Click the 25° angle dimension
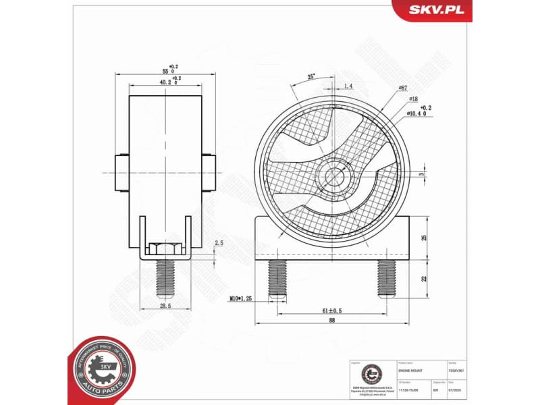click(311, 77)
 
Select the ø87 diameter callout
click(402, 88)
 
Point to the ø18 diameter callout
click(413, 99)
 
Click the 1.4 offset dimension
click(348, 86)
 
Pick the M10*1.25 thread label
click(240, 298)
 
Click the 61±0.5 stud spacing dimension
click(332, 311)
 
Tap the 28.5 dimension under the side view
click(165, 306)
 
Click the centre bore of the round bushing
click(334, 177)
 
